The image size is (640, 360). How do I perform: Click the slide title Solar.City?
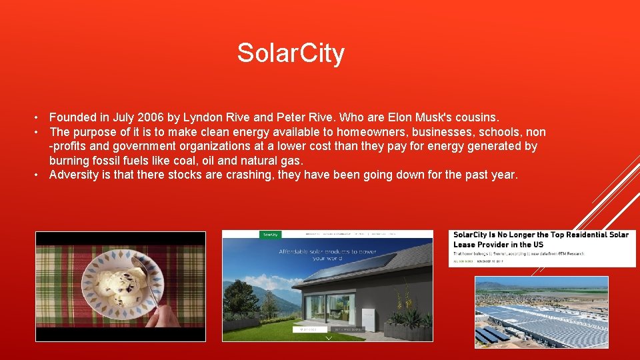[291, 53]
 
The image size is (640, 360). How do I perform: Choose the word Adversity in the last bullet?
[74, 175]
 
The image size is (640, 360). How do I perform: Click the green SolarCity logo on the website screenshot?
[270, 235]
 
